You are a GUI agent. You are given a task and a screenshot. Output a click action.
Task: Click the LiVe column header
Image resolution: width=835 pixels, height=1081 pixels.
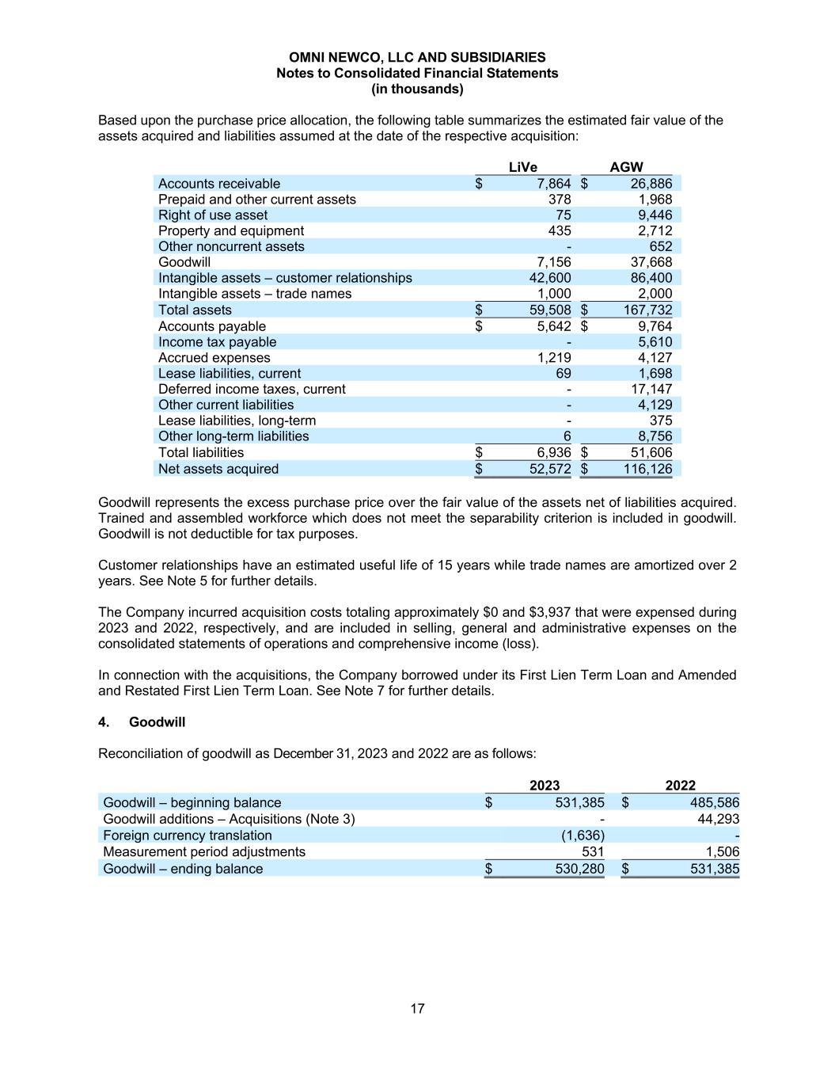[x=522, y=167]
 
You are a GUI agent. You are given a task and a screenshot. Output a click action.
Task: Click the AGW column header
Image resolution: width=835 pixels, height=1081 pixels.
[x=626, y=167]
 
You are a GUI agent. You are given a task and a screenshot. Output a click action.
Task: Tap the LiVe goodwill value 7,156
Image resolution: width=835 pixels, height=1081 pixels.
[x=553, y=262]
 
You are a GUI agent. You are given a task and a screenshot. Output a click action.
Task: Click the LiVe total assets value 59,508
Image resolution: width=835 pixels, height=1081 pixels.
[x=549, y=310]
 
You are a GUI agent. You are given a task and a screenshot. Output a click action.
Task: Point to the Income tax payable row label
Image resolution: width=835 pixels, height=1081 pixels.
[x=217, y=342]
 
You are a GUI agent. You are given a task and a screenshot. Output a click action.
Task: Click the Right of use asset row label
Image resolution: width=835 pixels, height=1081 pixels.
[x=212, y=215]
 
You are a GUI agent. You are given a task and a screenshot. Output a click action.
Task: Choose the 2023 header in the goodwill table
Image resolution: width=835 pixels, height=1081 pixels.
[x=544, y=786]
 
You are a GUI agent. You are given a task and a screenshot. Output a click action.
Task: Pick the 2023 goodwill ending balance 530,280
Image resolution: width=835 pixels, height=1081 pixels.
[x=579, y=869]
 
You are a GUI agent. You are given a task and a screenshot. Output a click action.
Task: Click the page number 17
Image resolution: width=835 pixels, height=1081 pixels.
[x=417, y=1009]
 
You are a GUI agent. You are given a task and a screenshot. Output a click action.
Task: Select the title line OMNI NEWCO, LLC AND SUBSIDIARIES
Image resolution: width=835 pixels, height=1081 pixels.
[x=417, y=57]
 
